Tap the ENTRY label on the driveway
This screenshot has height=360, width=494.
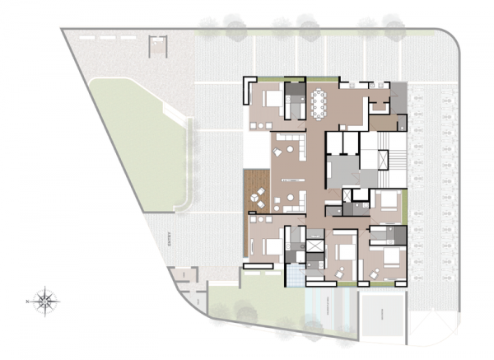pyautogui.click(x=170, y=240)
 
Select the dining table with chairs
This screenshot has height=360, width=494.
pyautogui.click(x=319, y=103)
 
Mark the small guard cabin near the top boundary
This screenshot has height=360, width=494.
pyautogui.click(x=157, y=47)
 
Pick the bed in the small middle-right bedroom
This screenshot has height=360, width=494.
pyautogui.click(x=387, y=201)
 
